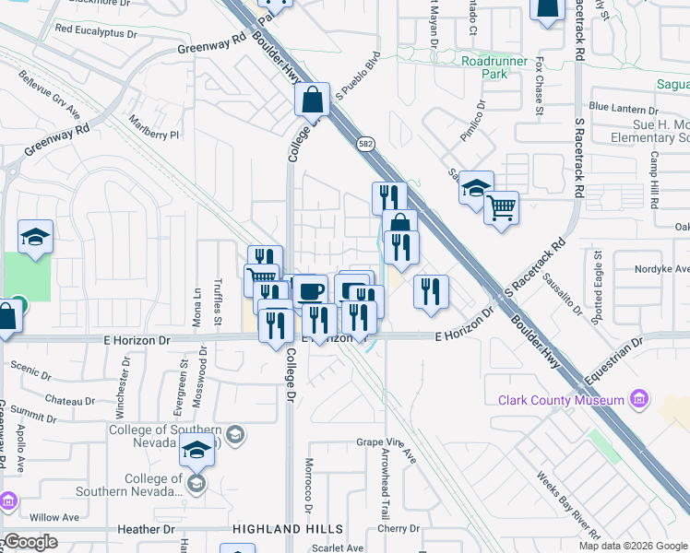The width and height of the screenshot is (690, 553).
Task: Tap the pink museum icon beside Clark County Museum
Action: click(x=637, y=399)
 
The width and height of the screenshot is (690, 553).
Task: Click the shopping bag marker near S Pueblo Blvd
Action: click(x=312, y=98)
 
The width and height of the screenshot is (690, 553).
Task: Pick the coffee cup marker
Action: click(x=310, y=290)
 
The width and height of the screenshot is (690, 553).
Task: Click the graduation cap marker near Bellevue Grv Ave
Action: click(x=35, y=237)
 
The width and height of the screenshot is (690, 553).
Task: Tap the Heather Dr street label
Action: click(x=146, y=530)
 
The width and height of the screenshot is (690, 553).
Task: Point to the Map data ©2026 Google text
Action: click(x=632, y=546)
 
